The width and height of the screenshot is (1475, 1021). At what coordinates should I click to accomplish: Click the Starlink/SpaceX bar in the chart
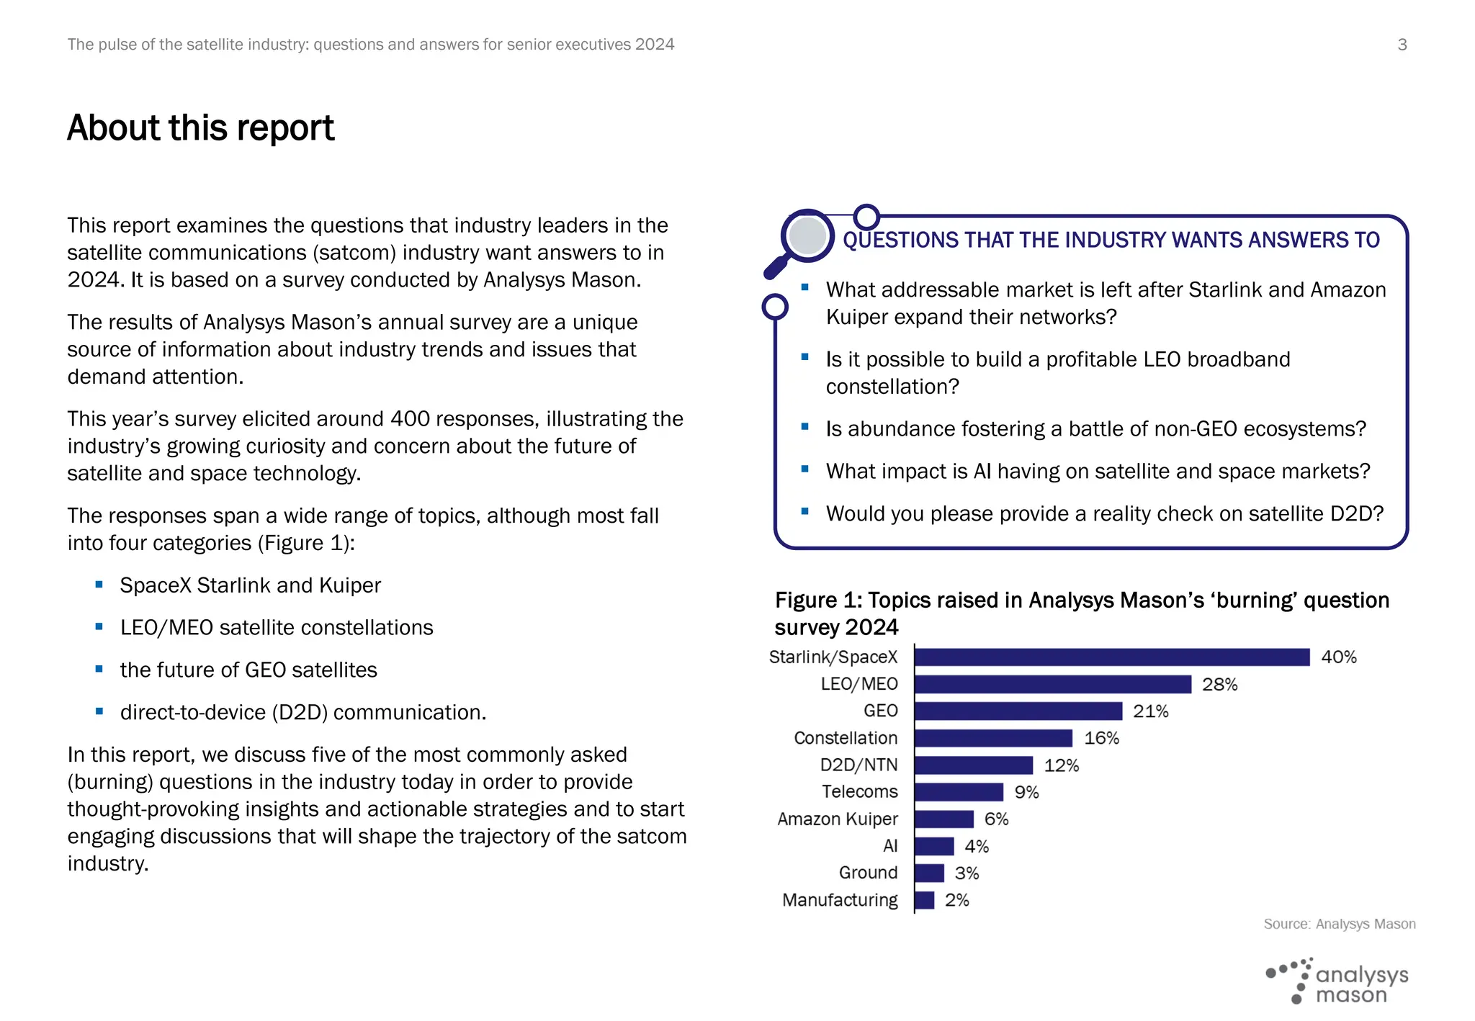click(x=1111, y=657)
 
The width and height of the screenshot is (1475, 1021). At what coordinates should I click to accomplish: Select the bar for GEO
click(x=1018, y=711)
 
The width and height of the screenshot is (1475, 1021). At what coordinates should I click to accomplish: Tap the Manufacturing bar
click(x=924, y=900)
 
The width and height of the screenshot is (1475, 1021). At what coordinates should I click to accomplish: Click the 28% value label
click(x=1219, y=684)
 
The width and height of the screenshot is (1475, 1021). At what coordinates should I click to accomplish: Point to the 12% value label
click(x=1061, y=765)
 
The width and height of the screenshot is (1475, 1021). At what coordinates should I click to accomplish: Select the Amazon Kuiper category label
click(x=837, y=819)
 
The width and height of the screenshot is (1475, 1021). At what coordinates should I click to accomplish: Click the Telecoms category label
click(x=859, y=792)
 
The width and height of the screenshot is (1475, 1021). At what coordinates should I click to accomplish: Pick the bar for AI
click(x=933, y=846)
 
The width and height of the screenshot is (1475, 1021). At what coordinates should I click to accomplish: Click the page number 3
click(x=1402, y=45)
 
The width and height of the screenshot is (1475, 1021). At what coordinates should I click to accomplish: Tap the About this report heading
click(x=201, y=128)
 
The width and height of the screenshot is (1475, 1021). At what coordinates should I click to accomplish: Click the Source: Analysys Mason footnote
click(x=1339, y=924)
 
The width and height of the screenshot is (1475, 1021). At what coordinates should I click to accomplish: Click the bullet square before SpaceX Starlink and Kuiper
click(x=99, y=585)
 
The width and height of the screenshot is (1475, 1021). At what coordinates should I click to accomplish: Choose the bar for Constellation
click(x=993, y=738)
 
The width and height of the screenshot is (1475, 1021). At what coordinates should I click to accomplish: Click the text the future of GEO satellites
click(x=248, y=670)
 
